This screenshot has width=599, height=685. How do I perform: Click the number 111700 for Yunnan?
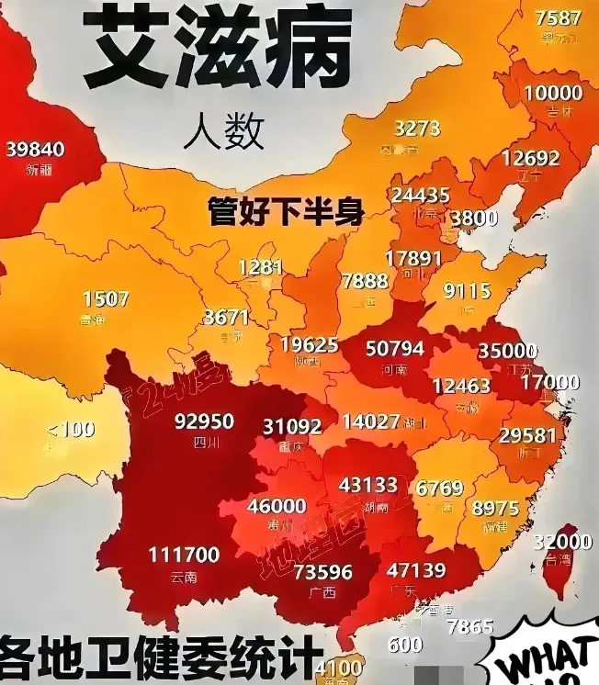pyautogui.click(x=184, y=555)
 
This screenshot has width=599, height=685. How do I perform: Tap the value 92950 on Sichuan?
pyautogui.click(x=204, y=422)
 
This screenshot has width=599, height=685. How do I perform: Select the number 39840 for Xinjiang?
pyautogui.click(x=35, y=149)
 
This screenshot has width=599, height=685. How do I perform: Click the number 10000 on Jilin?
pyautogui.click(x=553, y=93)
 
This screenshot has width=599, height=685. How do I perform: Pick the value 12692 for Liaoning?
pyautogui.click(x=530, y=158)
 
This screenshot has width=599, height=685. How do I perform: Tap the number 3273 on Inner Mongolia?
pyautogui.click(x=417, y=129)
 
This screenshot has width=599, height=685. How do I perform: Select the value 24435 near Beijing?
pyautogui.click(x=420, y=195)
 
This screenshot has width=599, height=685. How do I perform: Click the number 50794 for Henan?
pyautogui.click(x=394, y=349)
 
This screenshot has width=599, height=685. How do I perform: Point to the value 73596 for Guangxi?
pyautogui.click(x=322, y=572)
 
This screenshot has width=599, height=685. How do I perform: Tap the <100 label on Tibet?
pyautogui.click(x=71, y=428)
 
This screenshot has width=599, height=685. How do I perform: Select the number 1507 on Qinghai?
pyautogui.click(x=106, y=299)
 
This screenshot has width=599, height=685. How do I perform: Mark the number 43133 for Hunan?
pyautogui.click(x=367, y=485)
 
